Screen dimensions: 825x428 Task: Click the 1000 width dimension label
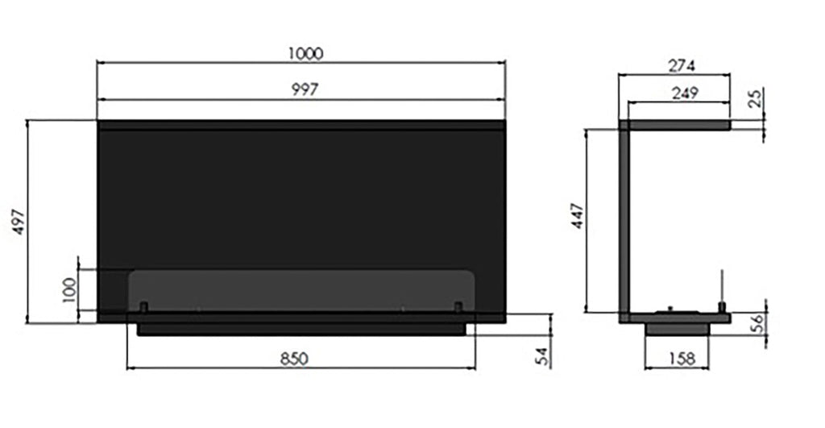click(x=305, y=54)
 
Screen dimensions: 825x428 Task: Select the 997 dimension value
click(x=305, y=89)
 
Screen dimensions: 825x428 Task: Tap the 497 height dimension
click(x=19, y=222)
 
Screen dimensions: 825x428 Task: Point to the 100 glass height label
click(x=69, y=290)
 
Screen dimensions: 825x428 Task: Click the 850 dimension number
click(x=293, y=359)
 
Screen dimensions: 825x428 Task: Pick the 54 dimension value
click(x=542, y=357)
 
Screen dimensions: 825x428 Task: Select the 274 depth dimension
click(x=682, y=66)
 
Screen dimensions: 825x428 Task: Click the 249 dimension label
click(x=685, y=93)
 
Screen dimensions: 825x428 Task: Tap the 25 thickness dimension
click(x=755, y=98)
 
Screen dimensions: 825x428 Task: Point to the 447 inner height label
click(x=578, y=216)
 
